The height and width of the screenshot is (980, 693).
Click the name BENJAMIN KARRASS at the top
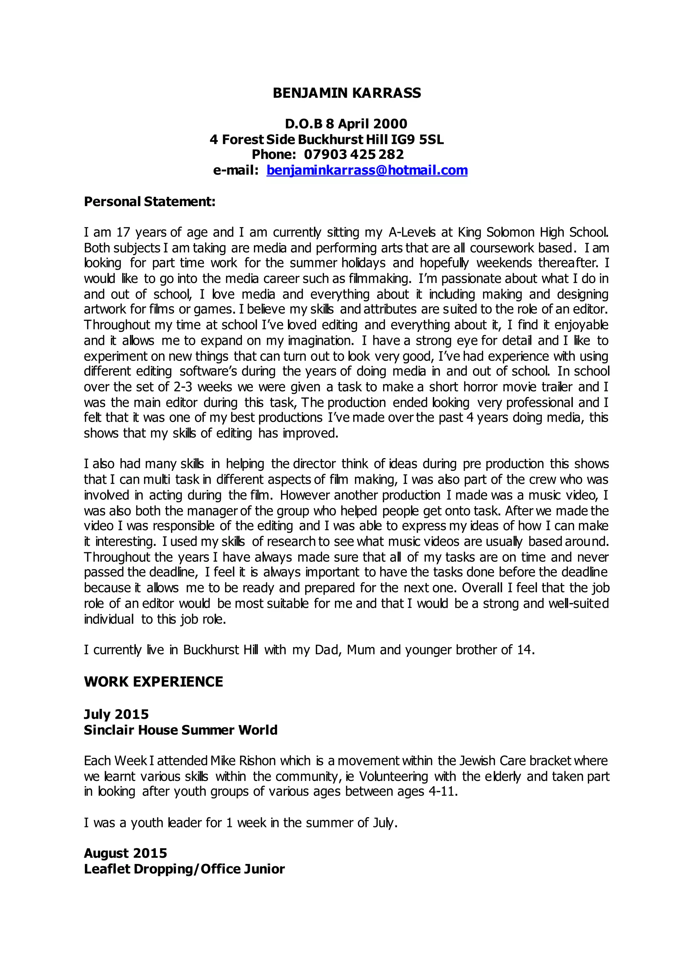(x=346, y=93)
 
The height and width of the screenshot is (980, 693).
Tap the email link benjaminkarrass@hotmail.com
(x=367, y=170)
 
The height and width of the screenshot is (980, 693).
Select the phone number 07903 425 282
(x=354, y=155)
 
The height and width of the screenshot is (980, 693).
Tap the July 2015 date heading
(x=116, y=714)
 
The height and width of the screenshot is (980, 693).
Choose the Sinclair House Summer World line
(x=180, y=730)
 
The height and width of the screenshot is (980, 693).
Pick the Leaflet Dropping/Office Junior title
(x=184, y=869)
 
